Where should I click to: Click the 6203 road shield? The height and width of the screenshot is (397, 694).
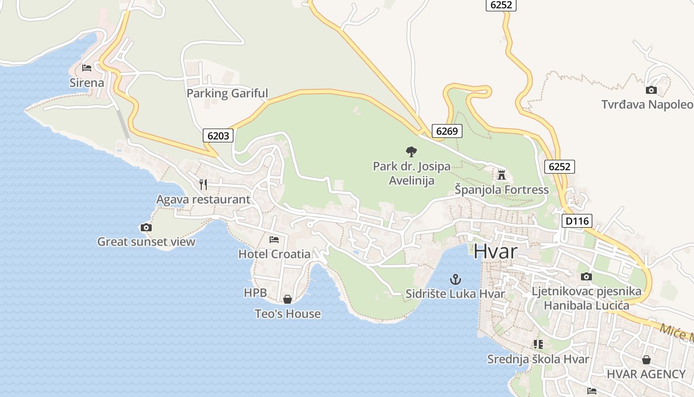click(x=218, y=135)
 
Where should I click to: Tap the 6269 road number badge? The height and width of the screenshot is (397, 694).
click(x=447, y=131)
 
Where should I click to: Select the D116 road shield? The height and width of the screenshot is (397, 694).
click(x=577, y=221)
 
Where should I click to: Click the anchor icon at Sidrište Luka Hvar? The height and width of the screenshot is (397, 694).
click(x=456, y=279)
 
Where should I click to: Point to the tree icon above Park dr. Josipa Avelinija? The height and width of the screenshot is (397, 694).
click(x=411, y=151)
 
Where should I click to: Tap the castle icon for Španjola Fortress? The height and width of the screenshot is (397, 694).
click(x=502, y=175)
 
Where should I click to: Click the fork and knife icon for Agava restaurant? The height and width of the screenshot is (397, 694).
click(x=203, y=185)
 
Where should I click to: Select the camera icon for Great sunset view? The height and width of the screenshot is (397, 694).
click(x=146, y=227)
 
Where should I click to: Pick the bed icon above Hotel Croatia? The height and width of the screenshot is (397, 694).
click(x=274, y=239)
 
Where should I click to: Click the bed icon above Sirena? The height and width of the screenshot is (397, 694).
click(x=87, y=68)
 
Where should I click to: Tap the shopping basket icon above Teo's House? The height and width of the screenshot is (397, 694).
click(x=288, y=299)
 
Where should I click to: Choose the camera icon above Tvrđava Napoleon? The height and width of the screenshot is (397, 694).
click(x=651, y=90)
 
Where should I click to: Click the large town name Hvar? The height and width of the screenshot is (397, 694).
click(x=495, y=251)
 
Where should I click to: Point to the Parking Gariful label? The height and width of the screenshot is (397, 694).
click(x=227, y=93)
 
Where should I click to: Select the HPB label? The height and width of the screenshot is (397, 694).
click(x=255, y=293)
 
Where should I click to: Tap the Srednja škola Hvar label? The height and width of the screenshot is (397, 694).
click(x=538, y=359)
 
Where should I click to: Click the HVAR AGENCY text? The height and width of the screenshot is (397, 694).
click(x=646, y=374)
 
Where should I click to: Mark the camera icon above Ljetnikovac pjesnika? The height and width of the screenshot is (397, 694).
click(x=586, y=276)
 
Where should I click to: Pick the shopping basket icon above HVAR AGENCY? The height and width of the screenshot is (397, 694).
click(x=646, y=359)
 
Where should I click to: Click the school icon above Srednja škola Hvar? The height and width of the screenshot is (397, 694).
click(x=538, y=344)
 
